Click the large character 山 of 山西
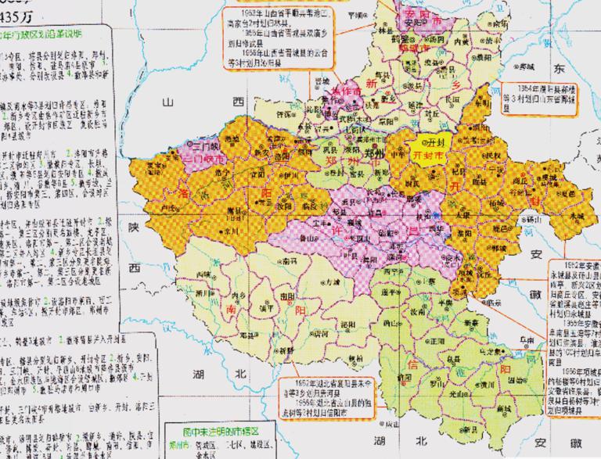click(167, 102)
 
